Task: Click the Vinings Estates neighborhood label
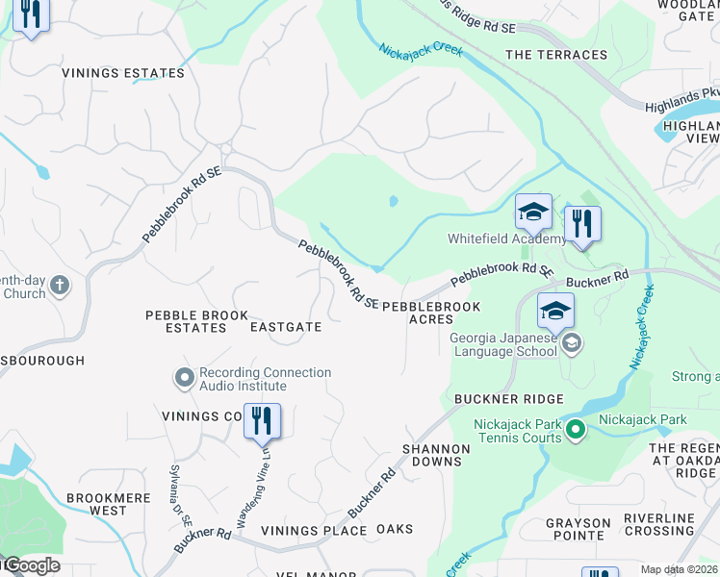point(122,73)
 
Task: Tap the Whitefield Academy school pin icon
point(532,212)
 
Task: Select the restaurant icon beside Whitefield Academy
point(581,224)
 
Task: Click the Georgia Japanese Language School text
point(503,344)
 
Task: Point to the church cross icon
point(60,285)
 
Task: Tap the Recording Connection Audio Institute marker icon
point(184,379)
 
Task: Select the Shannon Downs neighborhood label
point(436,455)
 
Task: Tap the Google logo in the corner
point(31,565)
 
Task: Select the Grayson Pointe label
point(578,530)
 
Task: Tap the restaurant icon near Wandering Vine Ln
point(262,421)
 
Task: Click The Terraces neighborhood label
point(556,55)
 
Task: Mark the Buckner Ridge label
point(494,398)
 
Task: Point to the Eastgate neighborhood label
point(285,327)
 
